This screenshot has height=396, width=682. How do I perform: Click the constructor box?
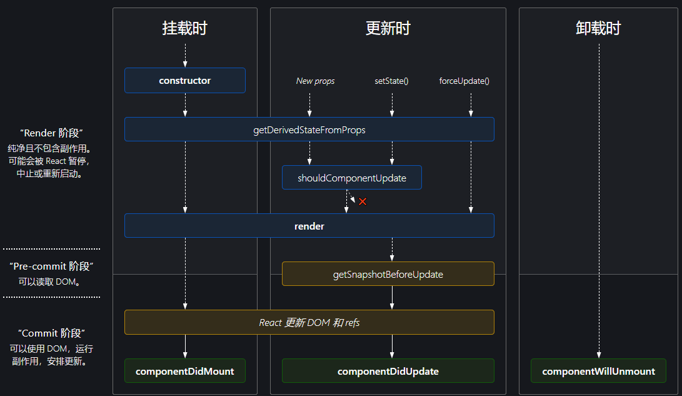coord(185,81)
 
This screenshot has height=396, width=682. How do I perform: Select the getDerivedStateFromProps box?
coord(309,129)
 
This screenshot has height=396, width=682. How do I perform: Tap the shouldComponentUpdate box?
coord(351,178)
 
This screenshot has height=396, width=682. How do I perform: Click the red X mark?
coord(362,201)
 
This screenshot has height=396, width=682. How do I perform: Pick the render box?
coord(309,226)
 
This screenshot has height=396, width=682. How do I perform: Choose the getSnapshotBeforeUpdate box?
coord(388,274)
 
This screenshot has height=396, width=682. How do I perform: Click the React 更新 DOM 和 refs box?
coord(309,323)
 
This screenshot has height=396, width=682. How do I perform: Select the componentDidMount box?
coord(185,371)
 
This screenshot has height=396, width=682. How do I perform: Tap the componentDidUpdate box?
coord(388,371)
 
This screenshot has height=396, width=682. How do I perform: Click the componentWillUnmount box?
coord(598,371)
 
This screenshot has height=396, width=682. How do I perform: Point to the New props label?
coord(315,81)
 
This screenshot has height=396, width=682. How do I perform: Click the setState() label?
coord(392,81)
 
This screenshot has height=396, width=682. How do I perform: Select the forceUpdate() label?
coord(464,81)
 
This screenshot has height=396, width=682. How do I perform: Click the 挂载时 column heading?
coord(185,28)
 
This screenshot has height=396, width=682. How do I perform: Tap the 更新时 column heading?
coord(388,28)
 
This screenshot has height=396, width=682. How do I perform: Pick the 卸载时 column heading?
coord(598,28)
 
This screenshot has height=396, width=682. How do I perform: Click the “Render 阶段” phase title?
coord(51,133)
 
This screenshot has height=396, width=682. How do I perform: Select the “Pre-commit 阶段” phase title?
coord(51,267)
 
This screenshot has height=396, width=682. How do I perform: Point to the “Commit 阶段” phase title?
coord(51,333)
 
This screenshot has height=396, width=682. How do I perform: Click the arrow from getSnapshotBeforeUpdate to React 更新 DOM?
coord(392,298)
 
